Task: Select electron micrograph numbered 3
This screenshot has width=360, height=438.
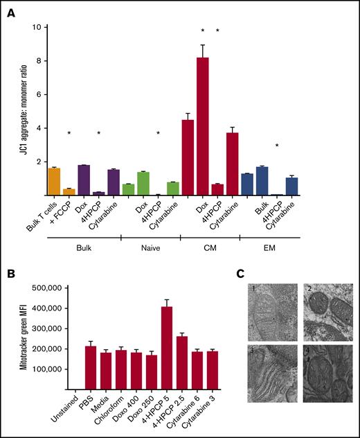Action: pyautogui.click(x=269, y=374)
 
